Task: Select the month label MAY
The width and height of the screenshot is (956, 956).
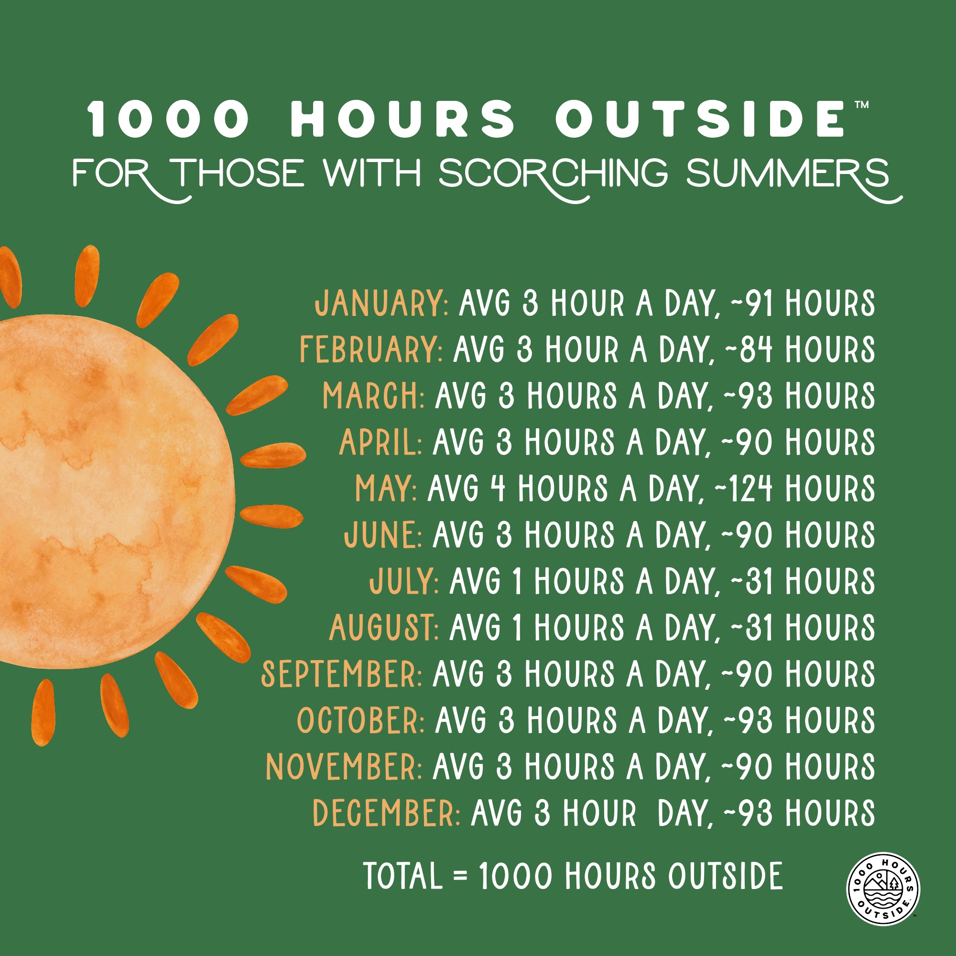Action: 385,489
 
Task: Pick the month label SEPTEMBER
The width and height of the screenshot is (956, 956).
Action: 341,674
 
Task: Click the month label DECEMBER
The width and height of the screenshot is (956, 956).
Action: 386,813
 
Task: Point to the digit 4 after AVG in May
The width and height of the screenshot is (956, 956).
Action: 497,489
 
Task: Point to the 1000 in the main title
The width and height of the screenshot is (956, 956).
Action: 169,119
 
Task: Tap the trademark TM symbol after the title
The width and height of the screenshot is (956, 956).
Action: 861,105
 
